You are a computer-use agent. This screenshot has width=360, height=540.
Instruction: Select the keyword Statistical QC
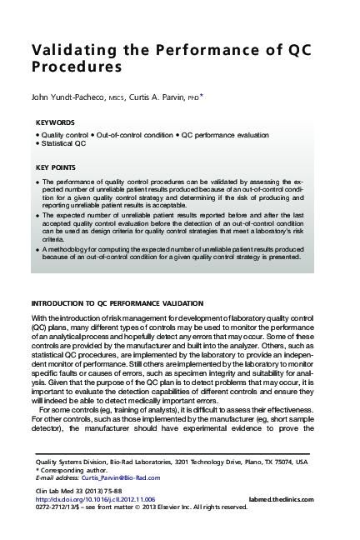65,144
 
